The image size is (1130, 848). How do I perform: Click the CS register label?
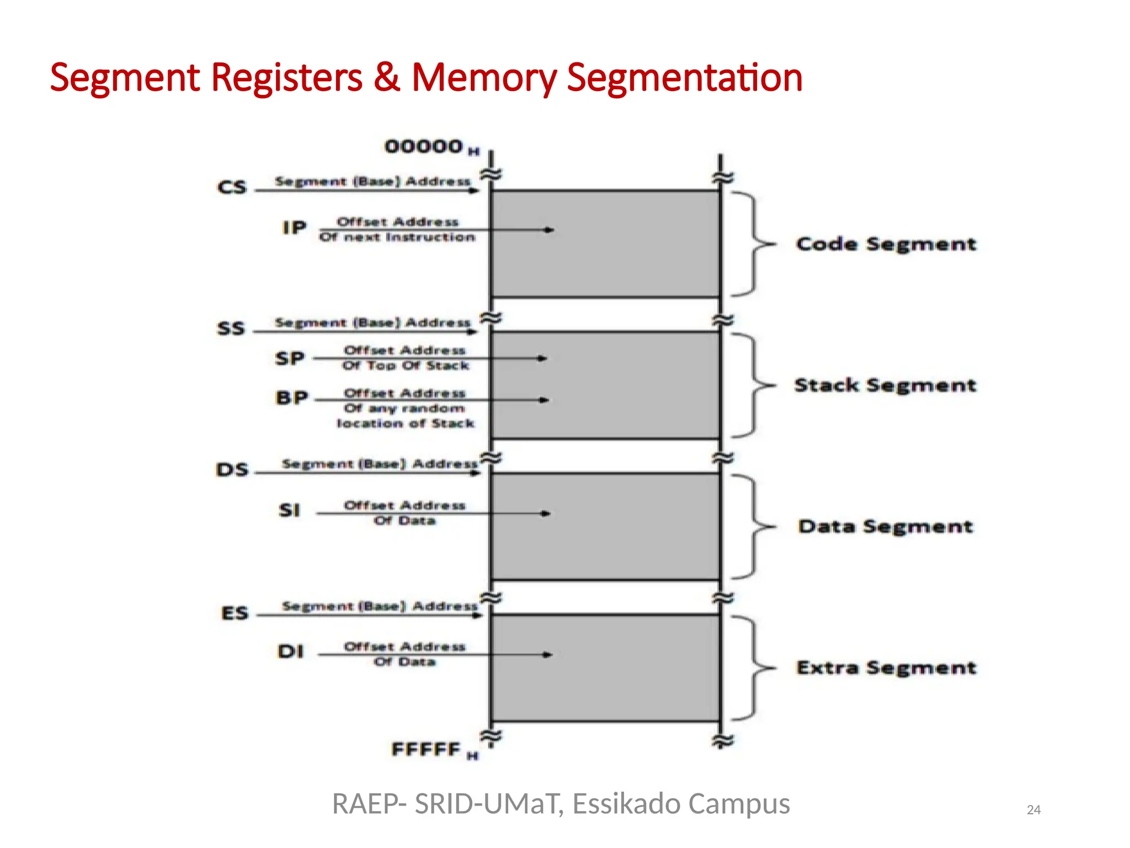click(x=232, y=187)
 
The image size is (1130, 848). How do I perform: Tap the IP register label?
click(x=294, y=227)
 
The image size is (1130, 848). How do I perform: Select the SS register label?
click(x=231, y=328)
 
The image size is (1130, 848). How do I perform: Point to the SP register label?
click(x=290, y=358)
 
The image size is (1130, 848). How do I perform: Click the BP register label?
click(x=291, y=397)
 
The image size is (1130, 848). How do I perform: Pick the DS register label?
click(x=232, y=470)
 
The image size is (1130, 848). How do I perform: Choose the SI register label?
click(x=290, y=510)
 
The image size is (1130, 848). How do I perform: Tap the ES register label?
click(x=234, y=613)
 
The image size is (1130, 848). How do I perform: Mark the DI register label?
click(x=291, y=651)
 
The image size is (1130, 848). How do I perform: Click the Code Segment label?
click(x=886, y=244)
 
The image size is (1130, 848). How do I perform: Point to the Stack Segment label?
click(x=885, y=385)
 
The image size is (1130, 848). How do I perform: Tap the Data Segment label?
click(x=885, y=526)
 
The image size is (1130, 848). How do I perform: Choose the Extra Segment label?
click(x=886, y=667)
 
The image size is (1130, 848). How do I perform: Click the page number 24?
click(x=1033, y=810)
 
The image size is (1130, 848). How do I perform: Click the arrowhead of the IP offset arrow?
click(x=549, y=230)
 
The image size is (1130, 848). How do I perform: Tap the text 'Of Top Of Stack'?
click(x=406, y=365)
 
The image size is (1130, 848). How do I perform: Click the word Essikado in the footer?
click(x=626, y=804)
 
